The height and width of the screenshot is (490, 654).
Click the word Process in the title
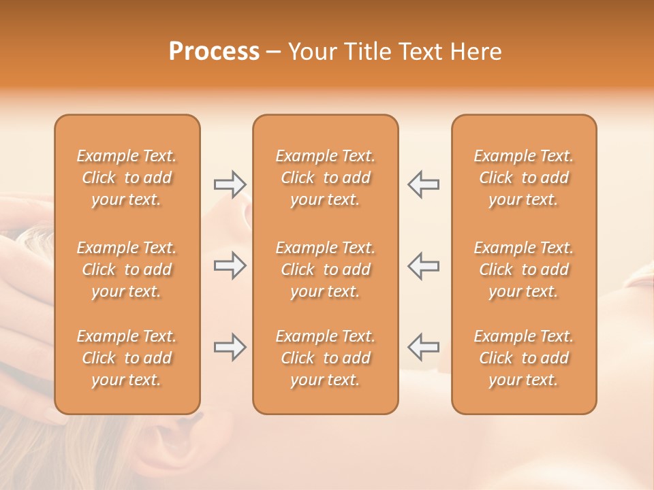coord(214,52)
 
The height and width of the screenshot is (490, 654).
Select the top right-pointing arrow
coord(230,184)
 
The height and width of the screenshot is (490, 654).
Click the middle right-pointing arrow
coord(230,265)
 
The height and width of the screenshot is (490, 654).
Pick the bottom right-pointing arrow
coord(230,347)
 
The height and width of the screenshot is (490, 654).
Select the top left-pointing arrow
coord(423,184)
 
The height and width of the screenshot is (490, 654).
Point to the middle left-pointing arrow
coord(423,265)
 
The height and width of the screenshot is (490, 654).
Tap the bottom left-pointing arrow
coord(423,347)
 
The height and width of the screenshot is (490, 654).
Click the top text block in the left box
coord(127,178)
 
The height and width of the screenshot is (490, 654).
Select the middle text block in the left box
coord(127,269)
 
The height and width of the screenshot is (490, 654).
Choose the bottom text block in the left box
coord(127,358)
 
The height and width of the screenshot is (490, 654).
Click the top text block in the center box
coord(325,178)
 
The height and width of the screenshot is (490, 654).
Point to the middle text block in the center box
coord(325,269)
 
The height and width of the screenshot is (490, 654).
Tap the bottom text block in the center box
coord(325,358)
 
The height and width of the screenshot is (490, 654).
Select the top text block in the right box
coord(524,178)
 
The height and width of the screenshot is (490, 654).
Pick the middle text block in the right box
coord(524,269)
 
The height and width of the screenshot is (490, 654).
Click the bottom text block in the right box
coord(524,358)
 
